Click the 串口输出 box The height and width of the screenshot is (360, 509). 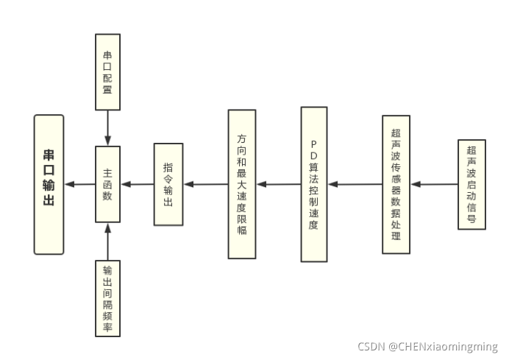49,183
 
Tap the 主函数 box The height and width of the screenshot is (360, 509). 107,184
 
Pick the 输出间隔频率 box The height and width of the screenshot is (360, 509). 108,298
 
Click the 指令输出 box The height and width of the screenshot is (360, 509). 168,184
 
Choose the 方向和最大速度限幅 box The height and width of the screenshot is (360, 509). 241,184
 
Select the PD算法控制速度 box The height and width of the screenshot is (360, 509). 313,184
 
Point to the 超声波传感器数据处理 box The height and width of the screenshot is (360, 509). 396,184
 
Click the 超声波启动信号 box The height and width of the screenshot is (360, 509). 471,184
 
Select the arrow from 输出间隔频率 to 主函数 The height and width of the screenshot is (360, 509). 108,241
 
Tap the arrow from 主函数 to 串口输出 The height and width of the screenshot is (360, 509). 79,184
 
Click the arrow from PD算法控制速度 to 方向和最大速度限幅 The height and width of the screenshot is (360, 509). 278,184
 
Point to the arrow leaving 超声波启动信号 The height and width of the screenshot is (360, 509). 434,184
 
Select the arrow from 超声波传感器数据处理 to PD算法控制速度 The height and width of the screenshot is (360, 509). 354,184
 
